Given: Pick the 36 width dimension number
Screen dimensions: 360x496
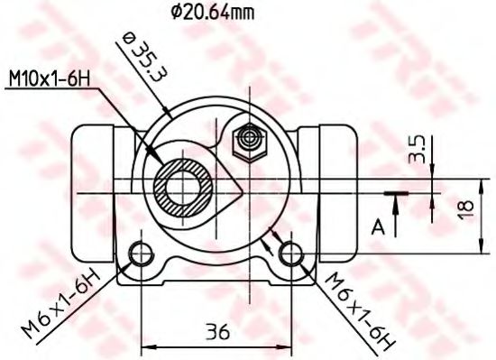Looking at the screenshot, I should pyautogui.click(x=216, y=330).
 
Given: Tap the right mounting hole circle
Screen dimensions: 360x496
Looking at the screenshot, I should pyautogui.click(x=290, y=254).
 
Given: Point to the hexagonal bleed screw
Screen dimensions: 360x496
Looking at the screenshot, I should pyautogui.click(x=246, y=138).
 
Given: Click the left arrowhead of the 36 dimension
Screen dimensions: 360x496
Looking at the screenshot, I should pyautogui.click(x=148, y=346).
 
